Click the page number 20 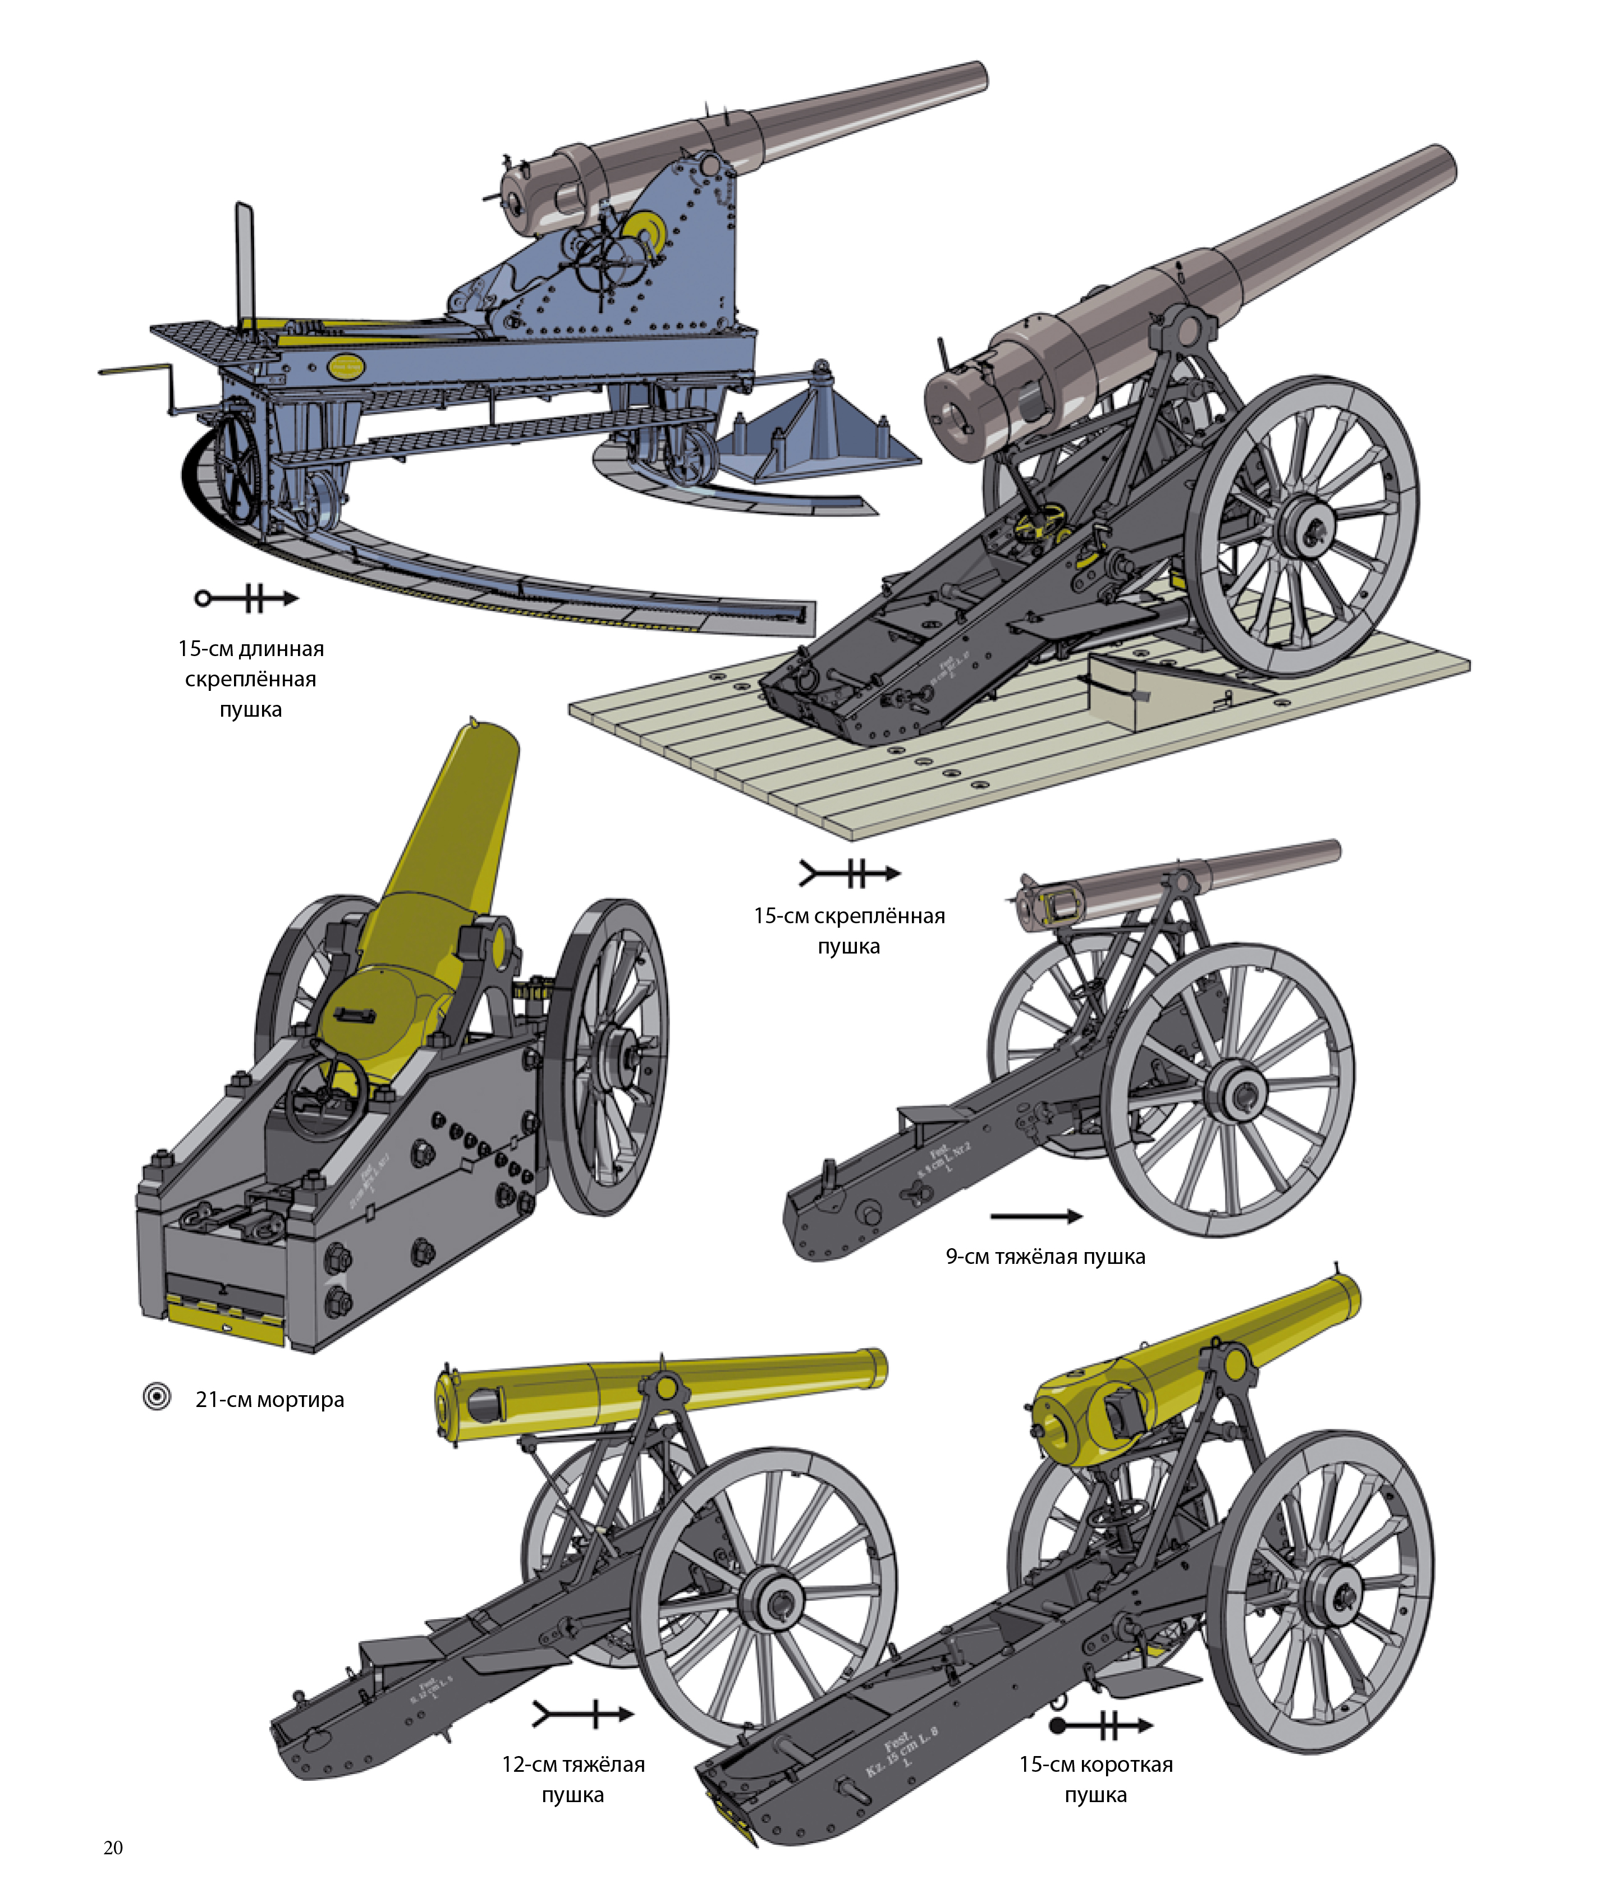click(x=113, y=1848)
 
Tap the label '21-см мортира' click(x=269, y=1399)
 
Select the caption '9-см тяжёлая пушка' click(x=1045, y=1256)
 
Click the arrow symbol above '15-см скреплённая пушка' click(x=849, y=872)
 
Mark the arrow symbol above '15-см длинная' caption click(x=246, y=598)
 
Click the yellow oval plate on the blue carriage click(x=347, y=367)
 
